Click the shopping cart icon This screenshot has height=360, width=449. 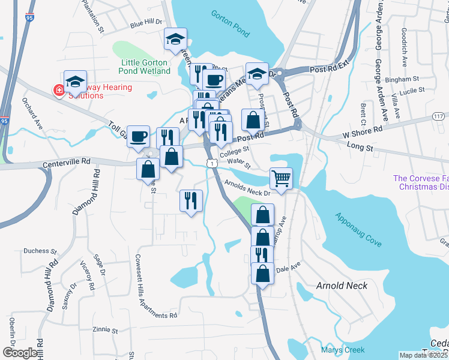[281, 178]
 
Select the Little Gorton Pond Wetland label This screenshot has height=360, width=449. [146, 67]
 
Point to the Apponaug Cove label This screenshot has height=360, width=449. [358, 230]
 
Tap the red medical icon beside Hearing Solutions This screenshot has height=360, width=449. [59, 91]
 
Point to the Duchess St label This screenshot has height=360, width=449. [40, 251]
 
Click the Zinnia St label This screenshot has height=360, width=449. [106, 329]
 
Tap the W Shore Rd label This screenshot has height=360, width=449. [363, 130]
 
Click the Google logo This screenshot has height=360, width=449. [20, 353]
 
